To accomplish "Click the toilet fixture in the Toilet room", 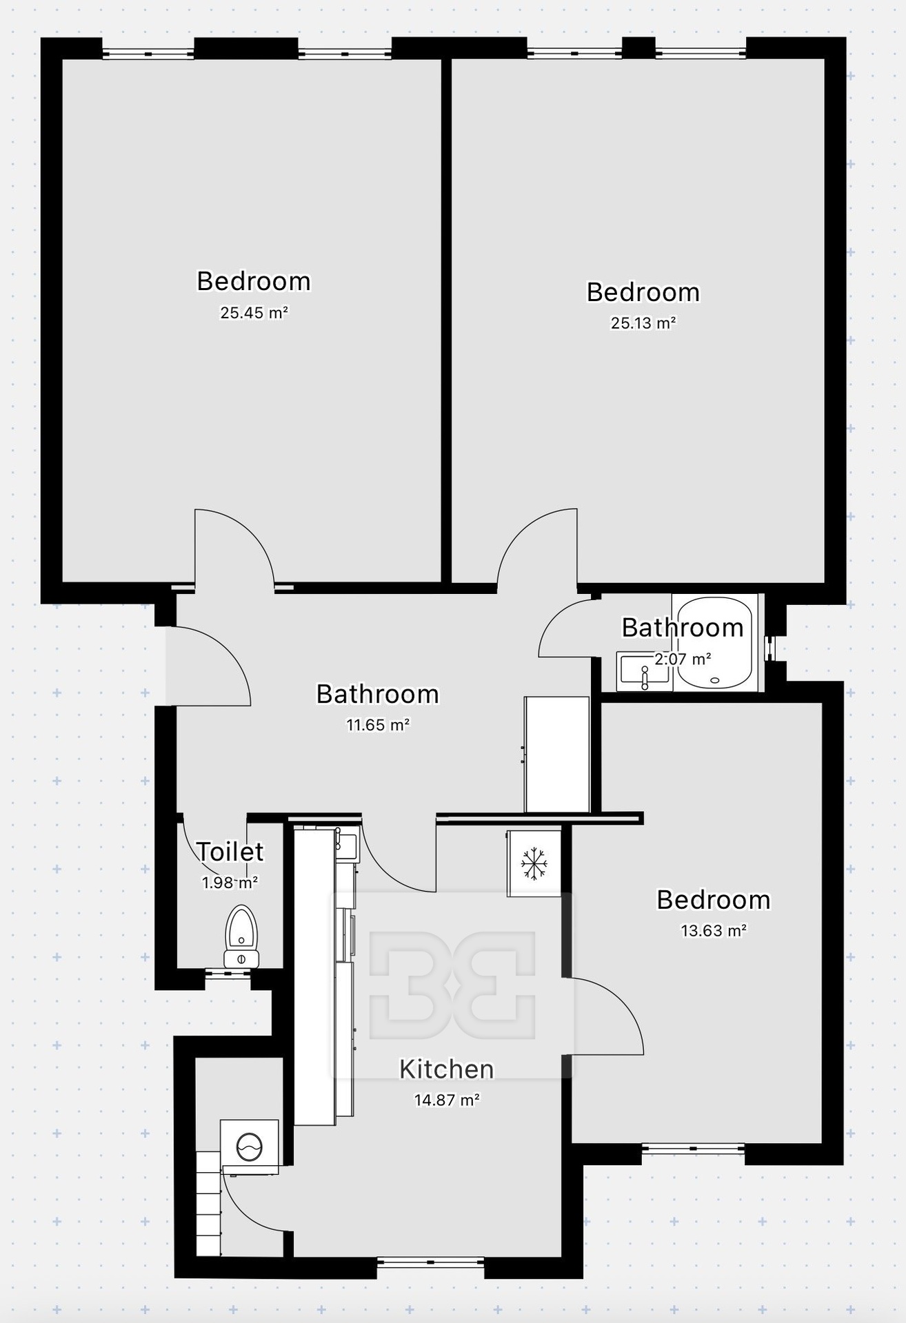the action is coord(241,936).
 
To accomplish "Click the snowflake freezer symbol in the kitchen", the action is coord(534,863).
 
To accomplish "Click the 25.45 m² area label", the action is coord(254,312).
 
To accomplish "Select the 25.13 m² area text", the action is coord(643,322).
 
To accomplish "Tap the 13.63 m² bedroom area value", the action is coord(714,930).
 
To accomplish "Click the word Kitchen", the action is coord(447,1069).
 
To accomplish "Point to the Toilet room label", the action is coord(230,852).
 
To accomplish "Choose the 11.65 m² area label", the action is coord(378,724).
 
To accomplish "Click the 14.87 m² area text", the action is coord(447,1100).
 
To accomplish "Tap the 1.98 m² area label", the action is coord(230,883).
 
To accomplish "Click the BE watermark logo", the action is coord(452,985).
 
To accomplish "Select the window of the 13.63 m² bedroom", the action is coord(693,1149).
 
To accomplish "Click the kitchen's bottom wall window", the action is coord(430,1262).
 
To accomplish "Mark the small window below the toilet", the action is coord(228,974).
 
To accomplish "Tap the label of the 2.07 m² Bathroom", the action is coord(683,628).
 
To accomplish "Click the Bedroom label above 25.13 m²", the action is coord(643,292).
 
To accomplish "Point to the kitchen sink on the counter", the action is coord(346,842).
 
